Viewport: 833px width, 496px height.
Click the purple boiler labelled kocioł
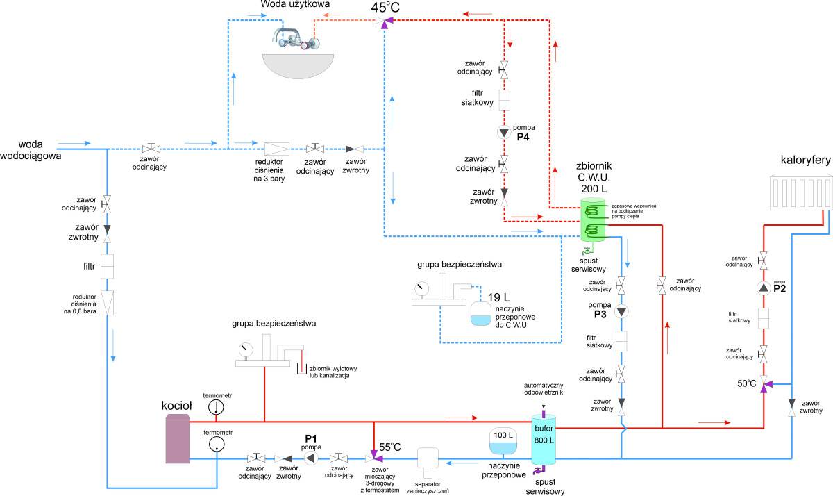178,438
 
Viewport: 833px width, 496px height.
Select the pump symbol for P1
311,458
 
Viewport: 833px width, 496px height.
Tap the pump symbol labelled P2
763,288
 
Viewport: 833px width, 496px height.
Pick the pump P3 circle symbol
623,311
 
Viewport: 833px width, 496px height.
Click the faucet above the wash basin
298,39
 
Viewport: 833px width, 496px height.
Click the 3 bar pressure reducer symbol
277,149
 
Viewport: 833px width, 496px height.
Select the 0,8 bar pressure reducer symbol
108,301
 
